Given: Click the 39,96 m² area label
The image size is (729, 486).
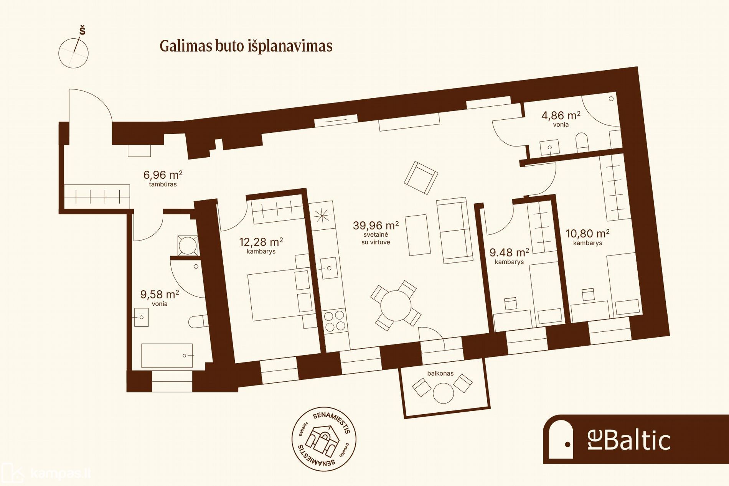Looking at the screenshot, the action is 376,225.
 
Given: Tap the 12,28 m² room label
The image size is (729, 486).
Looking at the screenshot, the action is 261,242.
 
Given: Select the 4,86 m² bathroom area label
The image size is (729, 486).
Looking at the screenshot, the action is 561,115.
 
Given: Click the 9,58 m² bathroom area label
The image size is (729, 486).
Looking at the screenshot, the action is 160,294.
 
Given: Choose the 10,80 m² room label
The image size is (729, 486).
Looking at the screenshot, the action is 587,233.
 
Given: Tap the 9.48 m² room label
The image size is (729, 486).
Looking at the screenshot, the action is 509,252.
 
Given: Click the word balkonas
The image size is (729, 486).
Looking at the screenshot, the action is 440,373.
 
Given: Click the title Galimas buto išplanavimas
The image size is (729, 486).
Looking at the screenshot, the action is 246,46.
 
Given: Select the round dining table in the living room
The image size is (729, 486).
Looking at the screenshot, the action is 396,306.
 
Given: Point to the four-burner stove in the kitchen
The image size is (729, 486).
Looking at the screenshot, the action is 335,321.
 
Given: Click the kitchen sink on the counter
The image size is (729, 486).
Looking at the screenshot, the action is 329,268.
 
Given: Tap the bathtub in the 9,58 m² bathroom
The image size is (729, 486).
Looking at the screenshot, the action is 167,356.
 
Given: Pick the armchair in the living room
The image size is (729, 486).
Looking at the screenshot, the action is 421,178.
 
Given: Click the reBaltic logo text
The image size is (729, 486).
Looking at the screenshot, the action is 629,440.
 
